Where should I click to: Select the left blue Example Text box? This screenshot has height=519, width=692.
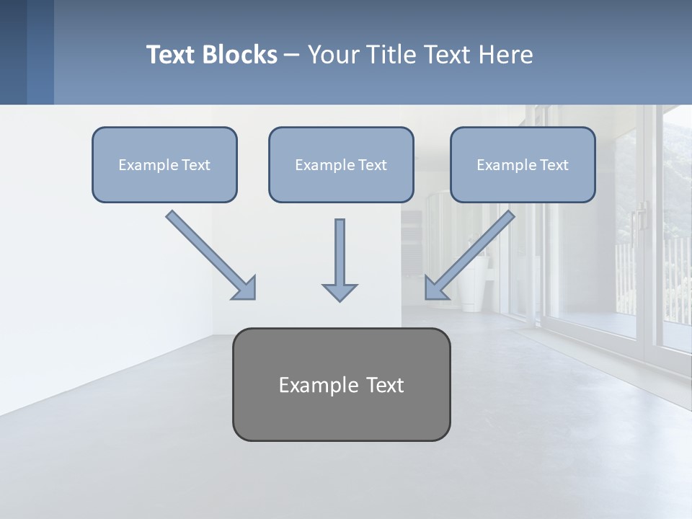click(x=164, y=164)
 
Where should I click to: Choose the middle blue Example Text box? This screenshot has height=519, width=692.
click(x=341, y=164)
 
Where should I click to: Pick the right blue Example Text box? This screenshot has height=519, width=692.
click(x=523, y=164)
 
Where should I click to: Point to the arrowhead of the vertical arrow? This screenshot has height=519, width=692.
click(x=340, y=292)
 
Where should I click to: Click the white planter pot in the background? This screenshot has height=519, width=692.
click(x=472, y=285)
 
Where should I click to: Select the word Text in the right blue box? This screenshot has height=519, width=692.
click(x=554, y=165)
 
